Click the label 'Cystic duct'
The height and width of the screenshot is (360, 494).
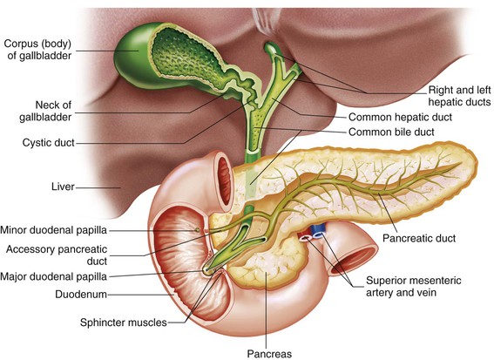point(48,143)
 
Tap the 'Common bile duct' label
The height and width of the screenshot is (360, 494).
point(391,132)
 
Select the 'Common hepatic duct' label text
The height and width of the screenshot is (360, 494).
point(400,118)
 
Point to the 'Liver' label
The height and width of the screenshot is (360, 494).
point(63,187)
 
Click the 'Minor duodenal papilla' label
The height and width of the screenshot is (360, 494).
point(53,230)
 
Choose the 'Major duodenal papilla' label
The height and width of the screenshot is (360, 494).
point(53,277)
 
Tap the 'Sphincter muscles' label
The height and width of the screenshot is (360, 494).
point(124,323)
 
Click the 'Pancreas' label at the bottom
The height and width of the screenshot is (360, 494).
point(269,354)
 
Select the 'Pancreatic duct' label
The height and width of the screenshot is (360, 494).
point(419,238)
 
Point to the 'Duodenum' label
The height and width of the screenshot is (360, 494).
point(81,295)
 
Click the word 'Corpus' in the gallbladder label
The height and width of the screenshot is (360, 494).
point(19,44)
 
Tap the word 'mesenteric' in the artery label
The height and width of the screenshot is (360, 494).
point(435,281)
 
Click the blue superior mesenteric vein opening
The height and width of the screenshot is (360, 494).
point(317,234)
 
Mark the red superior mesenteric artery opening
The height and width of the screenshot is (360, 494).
point(305,238)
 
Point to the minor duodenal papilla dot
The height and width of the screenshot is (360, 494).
point(197,230)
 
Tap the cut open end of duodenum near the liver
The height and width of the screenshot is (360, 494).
point(224,181)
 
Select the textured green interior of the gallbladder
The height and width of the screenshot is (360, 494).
point(185,58)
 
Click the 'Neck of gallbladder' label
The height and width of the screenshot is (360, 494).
point(45,111)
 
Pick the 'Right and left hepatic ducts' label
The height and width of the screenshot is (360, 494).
point(459,96)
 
